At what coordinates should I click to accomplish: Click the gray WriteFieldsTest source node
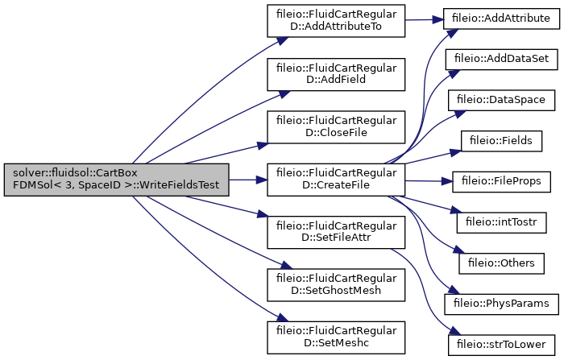click(x=117, y=180)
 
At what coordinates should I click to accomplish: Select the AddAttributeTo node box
click(x=336, y=21)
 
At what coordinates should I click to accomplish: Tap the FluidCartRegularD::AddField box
click(x=336, y=74)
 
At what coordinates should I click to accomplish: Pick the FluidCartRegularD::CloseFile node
click(x=336, y=127)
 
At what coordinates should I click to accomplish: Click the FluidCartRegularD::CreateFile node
click(x=336, y=180)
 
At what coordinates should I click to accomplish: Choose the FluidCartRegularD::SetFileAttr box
click(x=336, y=232)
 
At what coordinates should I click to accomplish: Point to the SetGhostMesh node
click(x=336, y=285)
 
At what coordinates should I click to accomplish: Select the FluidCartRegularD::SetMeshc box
click(x=336, y=337)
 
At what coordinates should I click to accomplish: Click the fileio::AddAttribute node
click(x=501, y=19)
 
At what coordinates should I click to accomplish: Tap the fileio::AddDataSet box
click(x=501, y=60)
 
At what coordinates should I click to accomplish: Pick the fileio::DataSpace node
click(x=501, y=101)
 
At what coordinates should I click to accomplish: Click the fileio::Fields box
click(x=501, y=141)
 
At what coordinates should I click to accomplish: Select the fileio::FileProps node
click(x=501, y=182)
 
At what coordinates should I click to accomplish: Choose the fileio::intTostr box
click(x=501, y=222)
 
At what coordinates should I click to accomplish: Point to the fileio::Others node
click(x=501, y=263)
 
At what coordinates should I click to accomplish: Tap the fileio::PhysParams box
click(x=501, y=304)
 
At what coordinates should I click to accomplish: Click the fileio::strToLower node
click(x=501, y=345)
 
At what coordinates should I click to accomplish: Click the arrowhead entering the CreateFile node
click(x=262, y=180)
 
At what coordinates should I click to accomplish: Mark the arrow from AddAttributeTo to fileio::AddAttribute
click(x=425, y=20)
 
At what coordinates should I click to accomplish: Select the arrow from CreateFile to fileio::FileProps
click(x=429, y=181)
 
